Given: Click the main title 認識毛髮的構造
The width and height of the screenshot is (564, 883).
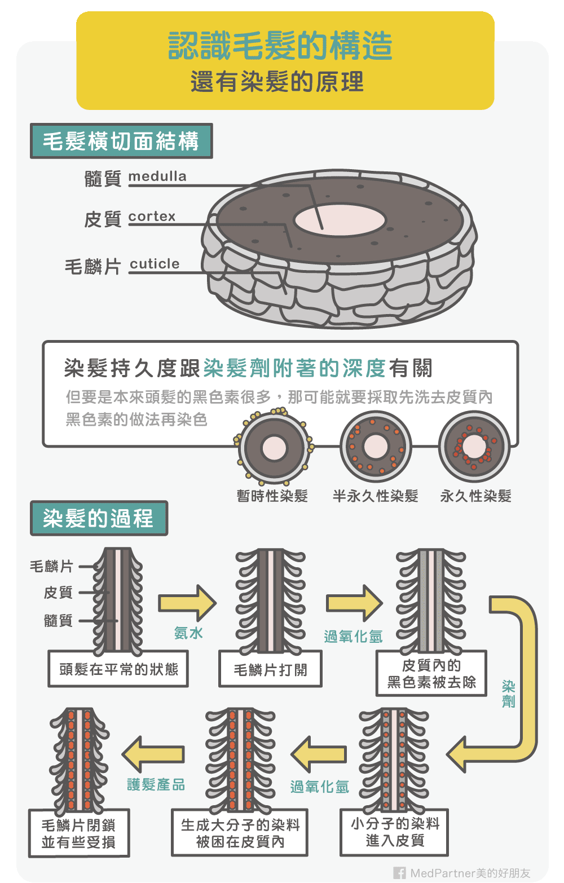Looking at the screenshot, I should click(x=280, y=46).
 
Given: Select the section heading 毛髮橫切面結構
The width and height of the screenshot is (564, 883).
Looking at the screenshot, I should click(x=121, y=141).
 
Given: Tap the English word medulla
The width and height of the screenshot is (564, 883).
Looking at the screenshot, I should click(x=157, y=176).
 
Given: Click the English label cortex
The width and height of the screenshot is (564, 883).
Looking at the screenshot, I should click(x=152, y=217).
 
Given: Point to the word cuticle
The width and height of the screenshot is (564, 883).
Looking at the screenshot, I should click(x=155, y=264).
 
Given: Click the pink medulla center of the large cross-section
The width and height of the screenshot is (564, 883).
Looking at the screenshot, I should click(x=340, y=219).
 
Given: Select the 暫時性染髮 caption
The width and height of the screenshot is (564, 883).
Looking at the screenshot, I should click(x=272, y=496).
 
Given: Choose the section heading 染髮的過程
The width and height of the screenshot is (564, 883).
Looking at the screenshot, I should click(x=99, y=518).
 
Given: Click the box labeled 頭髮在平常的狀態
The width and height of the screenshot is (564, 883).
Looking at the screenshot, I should click(x=118, y=669).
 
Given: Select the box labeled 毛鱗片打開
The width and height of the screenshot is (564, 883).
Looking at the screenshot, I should click(x=271, y=670).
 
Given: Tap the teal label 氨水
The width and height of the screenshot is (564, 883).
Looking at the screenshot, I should click(x=188, y=633).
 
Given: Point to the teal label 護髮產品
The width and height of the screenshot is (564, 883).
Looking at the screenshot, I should click(x=156, y=784).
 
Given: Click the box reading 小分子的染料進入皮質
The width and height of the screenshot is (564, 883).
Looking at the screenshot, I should click(x=395, y=832).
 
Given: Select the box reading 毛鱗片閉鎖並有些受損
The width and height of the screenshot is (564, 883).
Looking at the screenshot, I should click(x=79, y=833).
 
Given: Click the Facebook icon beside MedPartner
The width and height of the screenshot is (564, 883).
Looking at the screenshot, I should click(x=399, y=873).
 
